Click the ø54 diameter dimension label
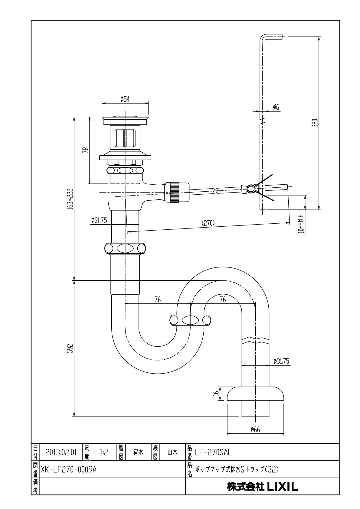pyautogui.click(x=125, y=99)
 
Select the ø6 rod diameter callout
pyautogui.click(x=276, y=107)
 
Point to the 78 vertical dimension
pyautogui.click(x=86, y=150)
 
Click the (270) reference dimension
pyautogui.click(x=208, y=223)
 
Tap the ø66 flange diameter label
pyautogui.click(x=255, y=429)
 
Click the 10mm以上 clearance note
pyautogui.click(x=302, y=224)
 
